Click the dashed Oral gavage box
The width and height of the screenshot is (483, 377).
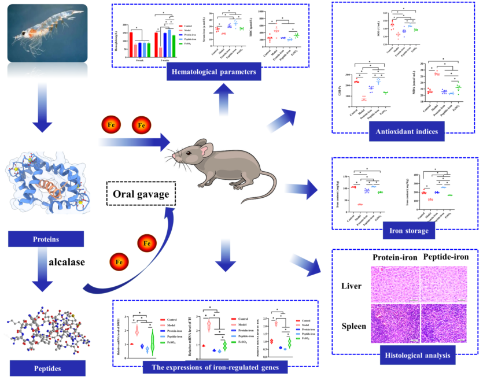[x=141, y=194]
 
